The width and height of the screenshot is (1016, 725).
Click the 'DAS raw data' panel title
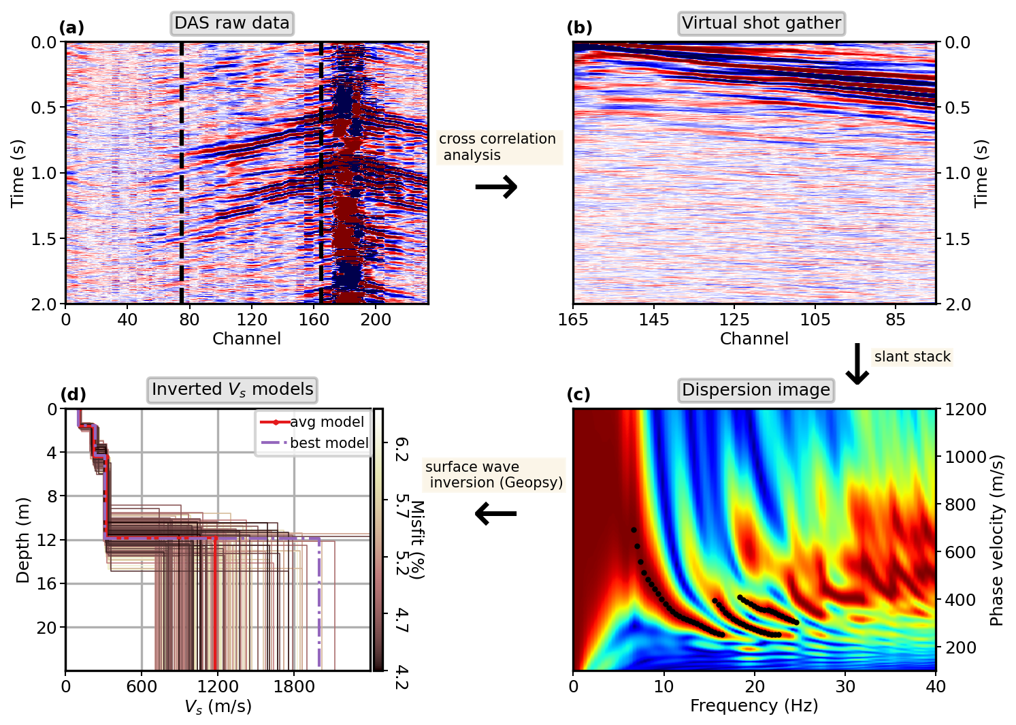[x=232, y=23]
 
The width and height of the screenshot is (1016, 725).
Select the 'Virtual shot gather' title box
[x=761, y=23]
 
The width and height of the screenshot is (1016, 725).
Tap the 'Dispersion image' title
[x=756, y=390]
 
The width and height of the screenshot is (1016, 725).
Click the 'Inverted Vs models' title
[x=232, y=389]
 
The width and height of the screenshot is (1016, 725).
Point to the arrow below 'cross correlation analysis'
[x=496, y=187]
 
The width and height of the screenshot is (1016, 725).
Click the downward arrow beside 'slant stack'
[x=857, y=364]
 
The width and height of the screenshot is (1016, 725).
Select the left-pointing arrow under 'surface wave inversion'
[x=495, y=513]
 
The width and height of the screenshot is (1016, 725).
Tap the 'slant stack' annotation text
[x=912, y=357]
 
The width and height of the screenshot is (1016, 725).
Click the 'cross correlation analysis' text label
[x=497, y=147]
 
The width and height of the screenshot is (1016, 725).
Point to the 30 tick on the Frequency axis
[x=845, y=686]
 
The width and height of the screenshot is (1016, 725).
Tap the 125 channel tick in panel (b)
[x=734, y=319]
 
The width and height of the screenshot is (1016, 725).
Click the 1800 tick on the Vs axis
[x=294, y=686]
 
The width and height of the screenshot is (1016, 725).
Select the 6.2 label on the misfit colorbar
[x=402, y=450]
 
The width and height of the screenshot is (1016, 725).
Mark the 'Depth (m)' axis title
[x=23, y=540]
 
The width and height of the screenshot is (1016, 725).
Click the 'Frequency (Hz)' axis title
[x=754, y=706]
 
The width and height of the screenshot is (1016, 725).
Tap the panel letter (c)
[x=578, y=395]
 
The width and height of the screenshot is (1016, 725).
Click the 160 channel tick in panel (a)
[x=314, y=319]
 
